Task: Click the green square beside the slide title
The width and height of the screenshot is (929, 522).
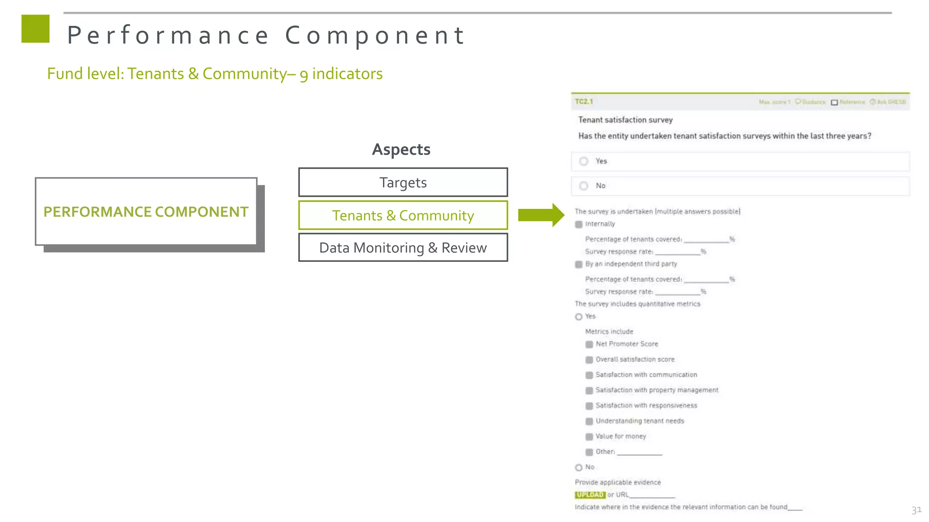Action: click(x=35, y=29)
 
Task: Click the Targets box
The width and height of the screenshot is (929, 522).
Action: click(x=403, y=183)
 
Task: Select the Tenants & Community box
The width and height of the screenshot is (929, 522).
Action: click(x=403, y=216)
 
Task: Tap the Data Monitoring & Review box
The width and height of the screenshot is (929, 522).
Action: click(x=403, y=248)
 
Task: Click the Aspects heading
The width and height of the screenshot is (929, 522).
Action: click(x=401, y=150)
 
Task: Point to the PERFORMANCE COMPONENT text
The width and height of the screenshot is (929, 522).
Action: click(x=146, y=212)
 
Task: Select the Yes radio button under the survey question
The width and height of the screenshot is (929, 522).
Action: click(x=584, y=161)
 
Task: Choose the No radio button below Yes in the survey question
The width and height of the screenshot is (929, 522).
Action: click(x=584, y=186)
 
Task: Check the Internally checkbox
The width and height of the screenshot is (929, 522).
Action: click(x=579, y=224)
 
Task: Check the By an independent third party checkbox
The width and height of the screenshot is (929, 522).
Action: click(x=579, y=264)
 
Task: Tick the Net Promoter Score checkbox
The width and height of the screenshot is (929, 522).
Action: click(x=589, y=344)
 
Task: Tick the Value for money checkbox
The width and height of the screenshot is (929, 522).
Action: click(x=589, y=437)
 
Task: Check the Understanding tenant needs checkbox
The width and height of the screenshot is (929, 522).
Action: click(x=589, y=421)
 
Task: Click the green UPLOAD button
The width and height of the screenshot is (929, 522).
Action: click(x=590, y=495)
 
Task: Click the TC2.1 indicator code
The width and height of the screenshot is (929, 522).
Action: click(x=584, y=101)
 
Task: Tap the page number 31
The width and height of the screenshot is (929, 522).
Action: click(x=916, y=510)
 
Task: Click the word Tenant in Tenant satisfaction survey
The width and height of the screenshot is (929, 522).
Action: click(x=590, y=120)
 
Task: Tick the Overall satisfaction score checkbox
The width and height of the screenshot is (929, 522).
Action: click(x=589, y=360)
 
